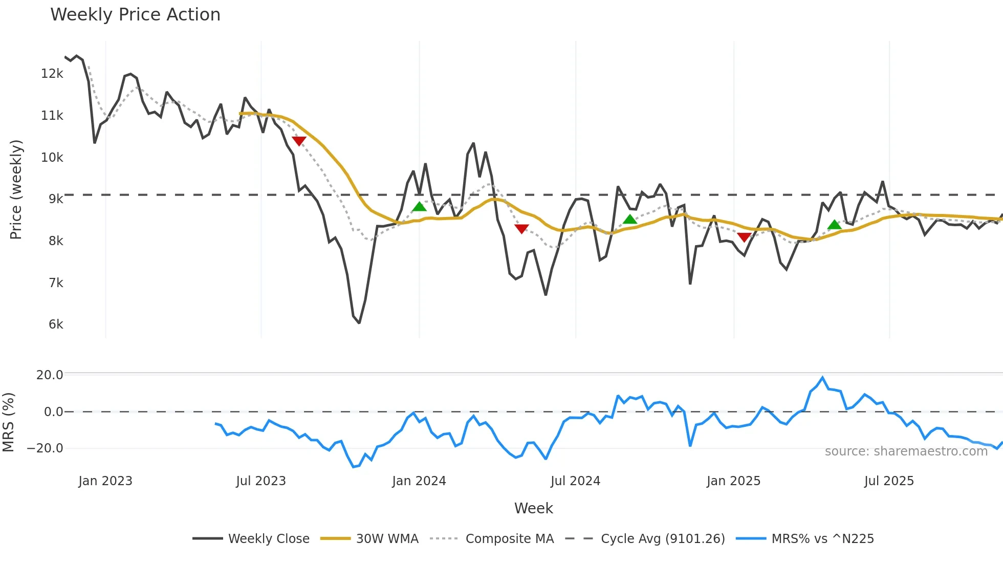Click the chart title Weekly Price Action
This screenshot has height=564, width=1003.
tap(135, 15)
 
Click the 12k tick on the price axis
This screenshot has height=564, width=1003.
tap(52, 74)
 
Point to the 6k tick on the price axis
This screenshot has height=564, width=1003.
tap(56, 324)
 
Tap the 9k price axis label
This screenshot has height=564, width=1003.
tap(56, 199)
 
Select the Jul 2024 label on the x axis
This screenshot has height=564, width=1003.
tap(575, 481)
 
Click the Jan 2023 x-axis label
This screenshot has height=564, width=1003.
tap(105, 481)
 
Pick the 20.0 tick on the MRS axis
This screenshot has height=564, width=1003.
tap(50, 375)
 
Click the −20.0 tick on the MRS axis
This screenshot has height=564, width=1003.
tap(45, 448)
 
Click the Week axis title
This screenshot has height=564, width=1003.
tap(533, 508)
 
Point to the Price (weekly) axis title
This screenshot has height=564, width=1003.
tap(16, 189)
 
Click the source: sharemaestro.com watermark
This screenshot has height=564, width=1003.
tap(906, 451)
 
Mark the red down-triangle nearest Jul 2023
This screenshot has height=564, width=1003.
tap(299, 141)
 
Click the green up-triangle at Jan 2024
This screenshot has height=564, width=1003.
tap(419, 207)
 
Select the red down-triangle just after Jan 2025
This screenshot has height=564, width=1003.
tap(744, 237)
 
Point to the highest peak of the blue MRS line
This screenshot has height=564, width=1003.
tap(822, 378)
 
